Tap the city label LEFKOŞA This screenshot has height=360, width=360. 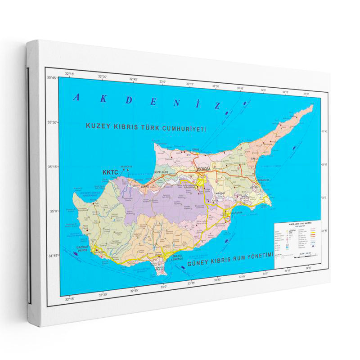click(204, 168)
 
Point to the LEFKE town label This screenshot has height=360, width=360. click(144, 185)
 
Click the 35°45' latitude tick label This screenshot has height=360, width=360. click(53, 78)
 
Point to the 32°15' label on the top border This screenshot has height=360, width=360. click(69, 73)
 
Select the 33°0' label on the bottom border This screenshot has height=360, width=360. click(163, 286)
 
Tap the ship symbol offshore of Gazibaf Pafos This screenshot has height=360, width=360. click(76, 254)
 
